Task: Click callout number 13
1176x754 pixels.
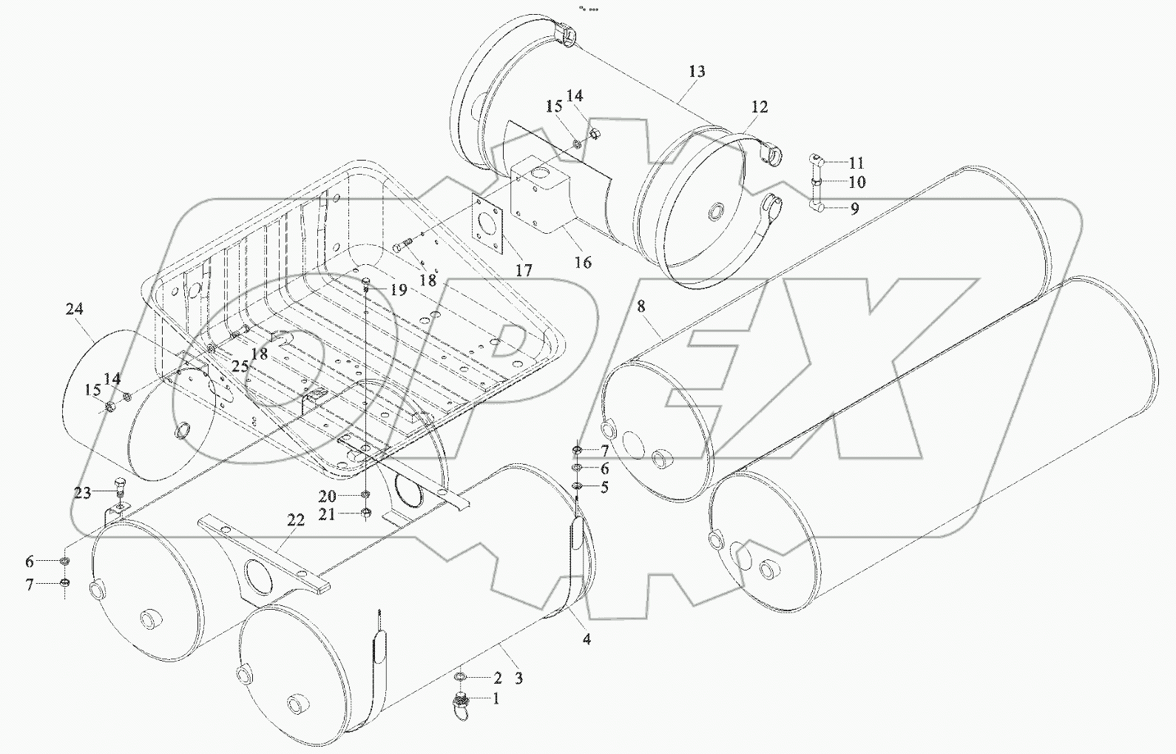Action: tap(696, 72)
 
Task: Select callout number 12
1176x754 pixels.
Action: tap(759, 107)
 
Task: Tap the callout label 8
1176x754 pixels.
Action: tap(641, 305)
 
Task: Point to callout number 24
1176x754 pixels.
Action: tap(74, 309)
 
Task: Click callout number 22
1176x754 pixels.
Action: tap(295, 521)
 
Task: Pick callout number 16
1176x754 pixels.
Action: tap(583, 262)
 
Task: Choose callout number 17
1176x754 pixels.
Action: tap(524, 271)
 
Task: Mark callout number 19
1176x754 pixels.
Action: tap(399, 289)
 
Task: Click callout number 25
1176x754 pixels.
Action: tap(239, 366)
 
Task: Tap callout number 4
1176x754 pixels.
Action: tap(587, 638)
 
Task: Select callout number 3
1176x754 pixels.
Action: tap(518, 678)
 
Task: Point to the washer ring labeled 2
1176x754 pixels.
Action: tap(460, 677)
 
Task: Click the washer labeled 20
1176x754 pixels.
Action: tap(366, 494)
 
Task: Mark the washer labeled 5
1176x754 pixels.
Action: tap(578, 486)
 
